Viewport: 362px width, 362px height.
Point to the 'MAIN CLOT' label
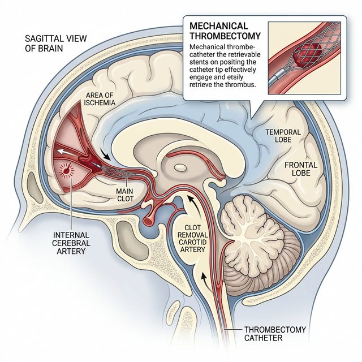coord(127,195)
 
